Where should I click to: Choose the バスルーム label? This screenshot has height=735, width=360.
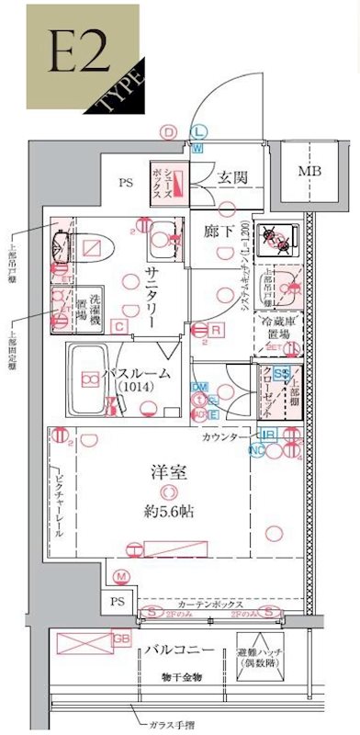[137, 373]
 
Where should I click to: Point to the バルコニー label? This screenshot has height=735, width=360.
[179, 650]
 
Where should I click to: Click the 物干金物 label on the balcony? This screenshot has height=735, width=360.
[180, 677]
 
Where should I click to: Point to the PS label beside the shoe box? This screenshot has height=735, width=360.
[125, 182]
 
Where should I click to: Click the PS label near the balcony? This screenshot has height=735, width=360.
[117, 601]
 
